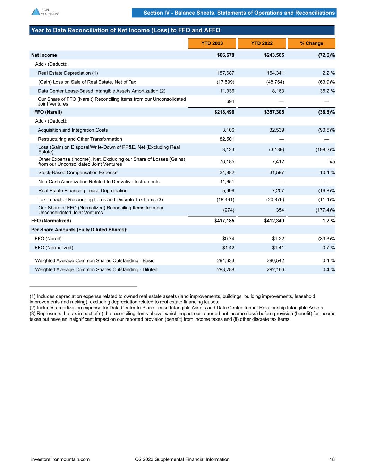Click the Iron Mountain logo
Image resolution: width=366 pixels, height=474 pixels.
point(45,12)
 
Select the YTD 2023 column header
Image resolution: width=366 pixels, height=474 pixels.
point(212,43)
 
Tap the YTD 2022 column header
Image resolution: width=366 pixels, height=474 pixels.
point(262,43)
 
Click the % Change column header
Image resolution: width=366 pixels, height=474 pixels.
point(312,43)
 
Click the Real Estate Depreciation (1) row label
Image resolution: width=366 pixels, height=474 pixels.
point(68,73)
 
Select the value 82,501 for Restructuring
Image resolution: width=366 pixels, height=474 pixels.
point(226,139)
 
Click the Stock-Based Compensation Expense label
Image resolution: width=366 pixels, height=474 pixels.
point(78,173)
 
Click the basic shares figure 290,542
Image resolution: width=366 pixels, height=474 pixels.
point(275,261)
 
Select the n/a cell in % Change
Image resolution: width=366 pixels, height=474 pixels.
point(331,161)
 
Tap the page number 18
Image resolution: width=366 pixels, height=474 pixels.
point(332,459)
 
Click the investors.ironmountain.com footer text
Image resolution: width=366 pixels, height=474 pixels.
point(60,459)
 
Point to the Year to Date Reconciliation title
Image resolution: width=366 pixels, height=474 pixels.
point(126,31)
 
